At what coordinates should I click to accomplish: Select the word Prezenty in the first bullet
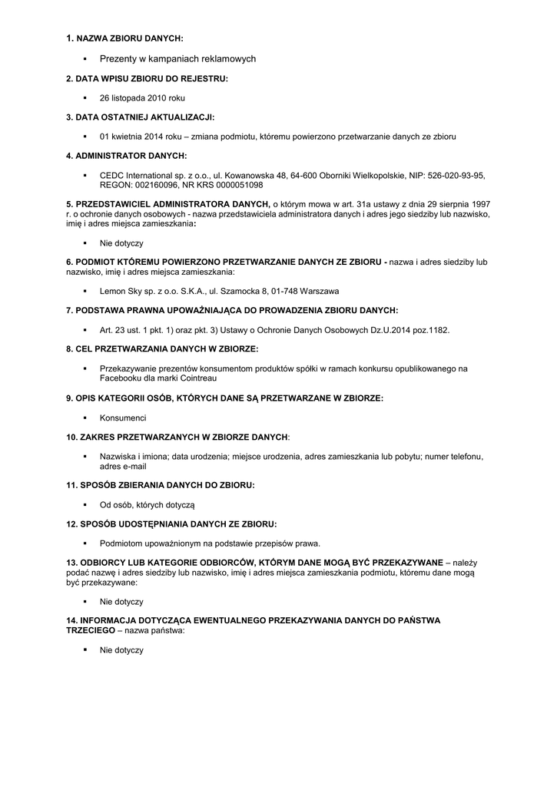tap(118, 58)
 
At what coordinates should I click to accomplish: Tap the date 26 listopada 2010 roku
tap(142, 98)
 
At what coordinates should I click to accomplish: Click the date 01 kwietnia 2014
tap(131, 137)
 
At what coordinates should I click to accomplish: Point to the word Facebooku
tap(121, 378)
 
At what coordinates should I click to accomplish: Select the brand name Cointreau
tap(197, 378)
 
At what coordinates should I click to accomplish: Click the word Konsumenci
tap(123, 418)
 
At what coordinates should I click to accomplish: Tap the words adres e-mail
tap(123, 466)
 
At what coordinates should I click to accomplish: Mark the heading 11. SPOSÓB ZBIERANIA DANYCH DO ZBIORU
tap(160, 485)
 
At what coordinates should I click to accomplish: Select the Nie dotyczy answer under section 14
tap(121, 650)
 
